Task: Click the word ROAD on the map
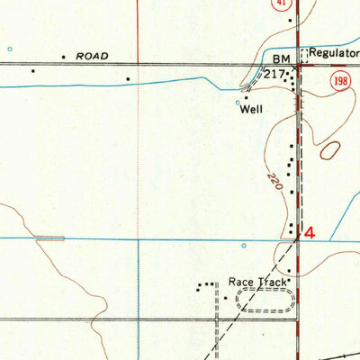click(x=93, y=56)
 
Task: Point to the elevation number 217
click(x=274, y=73)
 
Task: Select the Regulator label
click(x=333, y=54)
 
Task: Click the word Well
click(x=251, y=112)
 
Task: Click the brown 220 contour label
click(x=272, y=186)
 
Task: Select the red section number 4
click(x=310, y=233)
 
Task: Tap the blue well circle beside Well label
click(x=238, y=102)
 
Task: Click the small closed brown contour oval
click(x=330, y=151)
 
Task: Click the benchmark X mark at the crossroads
click(x=293, y=66)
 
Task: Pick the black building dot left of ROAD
click(x=64, y=57)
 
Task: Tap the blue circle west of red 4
click(x=244, y=245)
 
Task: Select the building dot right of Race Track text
click(x=290, y=281)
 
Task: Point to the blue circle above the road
click(x=10, y=49)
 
